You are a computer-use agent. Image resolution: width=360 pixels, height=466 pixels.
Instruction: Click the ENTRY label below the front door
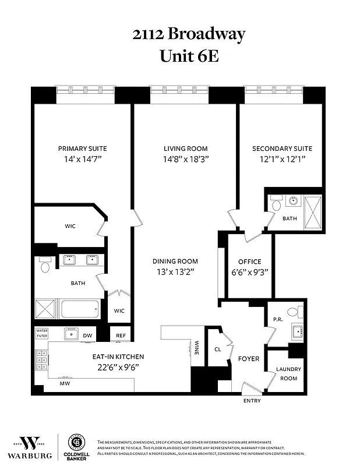[x=251, y=401]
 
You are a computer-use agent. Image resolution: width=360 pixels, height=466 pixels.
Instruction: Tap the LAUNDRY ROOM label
[x=287, y=373]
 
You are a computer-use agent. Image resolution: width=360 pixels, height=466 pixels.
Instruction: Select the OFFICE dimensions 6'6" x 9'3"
[x=249, y=272]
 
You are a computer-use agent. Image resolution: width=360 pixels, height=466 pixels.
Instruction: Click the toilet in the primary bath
[x=45, y=266]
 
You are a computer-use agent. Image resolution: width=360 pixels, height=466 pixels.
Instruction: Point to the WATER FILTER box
[x=42, y=333]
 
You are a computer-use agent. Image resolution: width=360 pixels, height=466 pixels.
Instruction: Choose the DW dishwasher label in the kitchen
[x=88, y=336]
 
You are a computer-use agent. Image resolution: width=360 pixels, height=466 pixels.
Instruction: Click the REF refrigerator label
[x=121, y=336]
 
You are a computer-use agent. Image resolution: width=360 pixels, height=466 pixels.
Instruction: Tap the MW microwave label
[x=65, y=384]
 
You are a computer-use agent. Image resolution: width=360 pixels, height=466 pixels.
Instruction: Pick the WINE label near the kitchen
[x=197, y=348]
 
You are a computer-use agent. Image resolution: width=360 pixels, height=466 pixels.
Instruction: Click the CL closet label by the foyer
[x=218, y=350]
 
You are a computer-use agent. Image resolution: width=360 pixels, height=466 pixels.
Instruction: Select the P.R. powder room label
[x=278, y=319]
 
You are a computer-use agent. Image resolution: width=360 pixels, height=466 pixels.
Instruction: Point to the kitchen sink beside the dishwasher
[x=71, y=334]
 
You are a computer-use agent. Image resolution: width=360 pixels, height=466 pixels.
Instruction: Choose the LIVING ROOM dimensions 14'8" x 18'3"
[x=185, y=158]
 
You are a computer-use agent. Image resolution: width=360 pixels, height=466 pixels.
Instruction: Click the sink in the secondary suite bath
[x=292, y=202]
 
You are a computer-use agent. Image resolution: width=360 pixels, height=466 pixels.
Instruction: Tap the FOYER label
[x=249, y=359]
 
